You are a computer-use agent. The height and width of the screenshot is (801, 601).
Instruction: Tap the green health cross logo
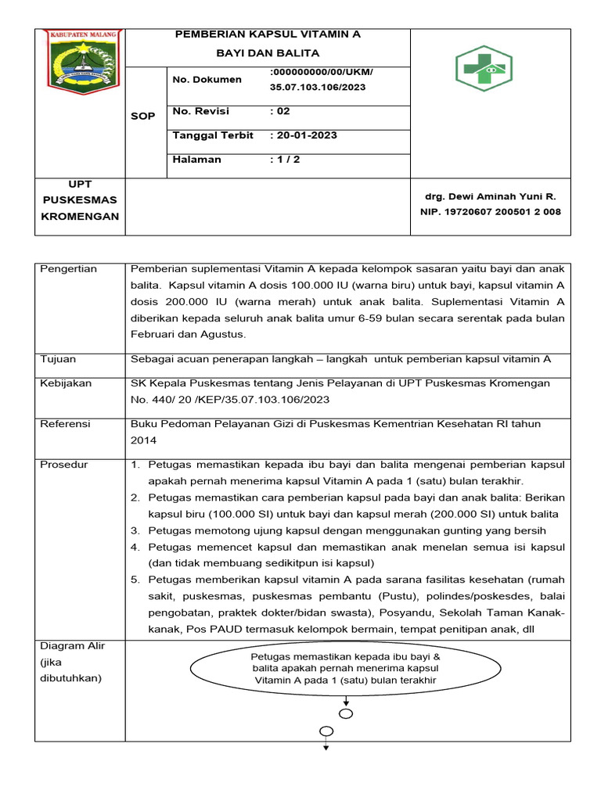(484, 68)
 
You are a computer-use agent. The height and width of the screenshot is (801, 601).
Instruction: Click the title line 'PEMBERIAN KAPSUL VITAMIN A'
(268, 35)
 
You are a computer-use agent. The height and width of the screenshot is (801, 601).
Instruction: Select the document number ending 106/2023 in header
(318, 88)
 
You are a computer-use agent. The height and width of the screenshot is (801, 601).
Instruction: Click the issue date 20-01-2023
(304, 135)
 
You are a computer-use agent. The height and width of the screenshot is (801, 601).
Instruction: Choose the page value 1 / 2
(285, 160)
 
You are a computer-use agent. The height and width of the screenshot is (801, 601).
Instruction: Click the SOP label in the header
(143, 116)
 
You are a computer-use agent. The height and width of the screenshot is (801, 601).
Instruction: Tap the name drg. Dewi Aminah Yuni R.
(490, 197)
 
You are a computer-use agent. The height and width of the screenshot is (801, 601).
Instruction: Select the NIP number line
(490, 212)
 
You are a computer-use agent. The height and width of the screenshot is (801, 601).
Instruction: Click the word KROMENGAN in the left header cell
(80, 217)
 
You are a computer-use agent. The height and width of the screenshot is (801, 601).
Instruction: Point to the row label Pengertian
(68, 269)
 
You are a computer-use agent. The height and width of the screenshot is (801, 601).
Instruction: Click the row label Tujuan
(58, 359)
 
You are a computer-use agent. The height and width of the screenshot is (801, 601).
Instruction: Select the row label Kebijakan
(65, 383)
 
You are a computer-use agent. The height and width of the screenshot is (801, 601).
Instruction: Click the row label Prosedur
(65, 465)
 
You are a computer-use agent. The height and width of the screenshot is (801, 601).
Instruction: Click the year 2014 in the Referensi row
(143, 440)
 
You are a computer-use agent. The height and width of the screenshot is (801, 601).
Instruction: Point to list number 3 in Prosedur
(135, 530)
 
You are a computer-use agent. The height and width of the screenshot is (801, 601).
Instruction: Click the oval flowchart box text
(346, 669)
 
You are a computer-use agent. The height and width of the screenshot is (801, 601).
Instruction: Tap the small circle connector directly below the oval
(346, 713)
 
